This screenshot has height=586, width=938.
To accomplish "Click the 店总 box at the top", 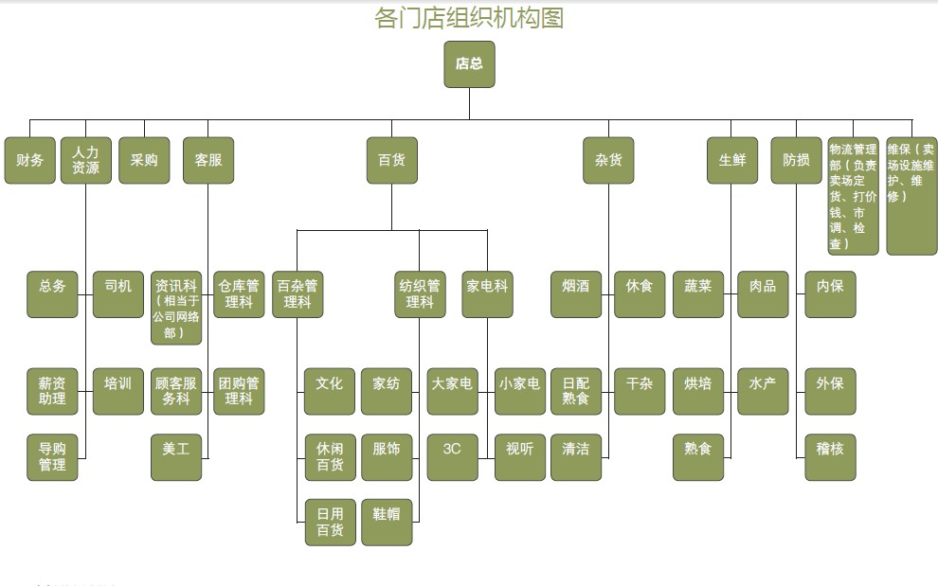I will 469,64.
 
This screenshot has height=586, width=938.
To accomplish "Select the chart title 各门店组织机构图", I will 469,18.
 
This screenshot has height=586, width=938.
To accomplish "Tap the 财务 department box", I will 30,161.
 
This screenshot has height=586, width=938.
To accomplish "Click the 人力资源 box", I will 86,161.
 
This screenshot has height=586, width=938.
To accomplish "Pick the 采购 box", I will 144,161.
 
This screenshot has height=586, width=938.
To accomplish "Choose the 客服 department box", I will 208,161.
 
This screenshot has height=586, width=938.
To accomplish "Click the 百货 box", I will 391,161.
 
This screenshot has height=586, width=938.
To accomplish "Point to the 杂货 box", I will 608,161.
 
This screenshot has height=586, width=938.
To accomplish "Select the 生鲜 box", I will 732,161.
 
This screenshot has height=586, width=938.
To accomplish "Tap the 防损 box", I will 796,161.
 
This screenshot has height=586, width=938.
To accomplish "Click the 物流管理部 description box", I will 853,197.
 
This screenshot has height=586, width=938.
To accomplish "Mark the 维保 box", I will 911,197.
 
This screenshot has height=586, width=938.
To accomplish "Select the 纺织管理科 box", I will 420,293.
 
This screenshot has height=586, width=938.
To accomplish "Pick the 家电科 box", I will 488,293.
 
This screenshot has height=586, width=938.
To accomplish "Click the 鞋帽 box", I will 387,521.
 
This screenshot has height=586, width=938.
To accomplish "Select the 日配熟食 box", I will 576,391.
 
